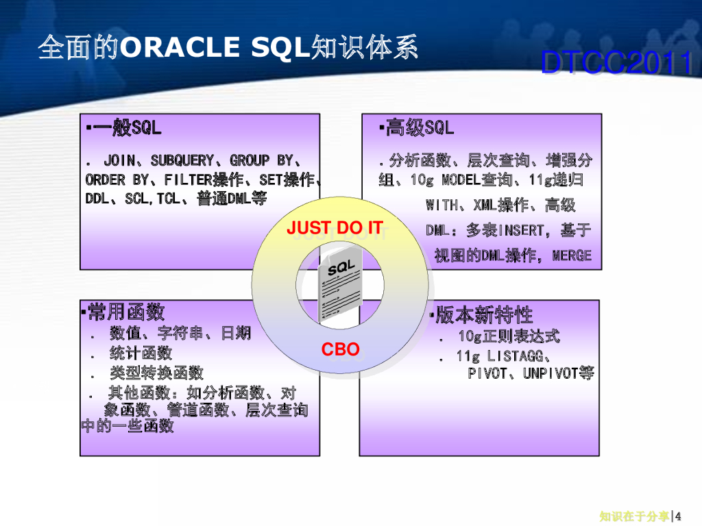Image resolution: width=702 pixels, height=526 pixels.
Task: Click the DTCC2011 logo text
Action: point(616,64)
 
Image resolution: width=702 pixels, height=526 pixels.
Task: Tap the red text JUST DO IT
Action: point(334,228)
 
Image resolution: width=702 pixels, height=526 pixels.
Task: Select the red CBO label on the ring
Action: point(341,349)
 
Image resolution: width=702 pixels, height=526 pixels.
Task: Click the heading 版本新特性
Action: point(484,315)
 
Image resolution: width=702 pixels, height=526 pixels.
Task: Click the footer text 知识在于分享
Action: point(634,516)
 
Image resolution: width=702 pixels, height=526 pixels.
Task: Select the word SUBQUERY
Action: point(182,161)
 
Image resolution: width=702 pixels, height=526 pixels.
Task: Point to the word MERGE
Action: point(571,255)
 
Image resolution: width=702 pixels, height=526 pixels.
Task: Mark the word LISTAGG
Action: point(518,356)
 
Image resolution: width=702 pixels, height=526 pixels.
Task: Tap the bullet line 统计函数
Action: point(141,353)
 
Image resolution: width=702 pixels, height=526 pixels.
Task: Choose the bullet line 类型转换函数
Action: point(156,373)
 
